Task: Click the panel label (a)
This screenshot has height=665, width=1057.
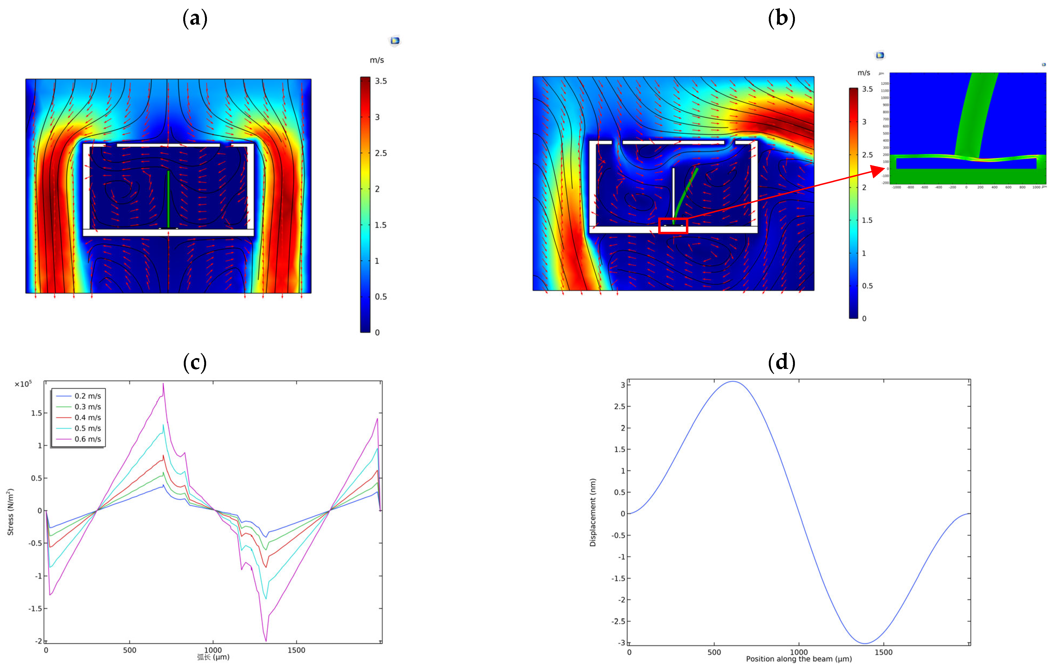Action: [x=195, y=19]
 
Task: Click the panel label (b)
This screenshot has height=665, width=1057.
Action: [x=781, y=19]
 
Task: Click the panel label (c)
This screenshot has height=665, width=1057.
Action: [x=195, y=362]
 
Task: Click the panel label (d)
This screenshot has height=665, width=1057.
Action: [x=781, y=362]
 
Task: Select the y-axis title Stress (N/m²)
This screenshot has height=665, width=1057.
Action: [x=10, y=512]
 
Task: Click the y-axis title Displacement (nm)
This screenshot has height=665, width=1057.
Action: [x=593, y=512]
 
